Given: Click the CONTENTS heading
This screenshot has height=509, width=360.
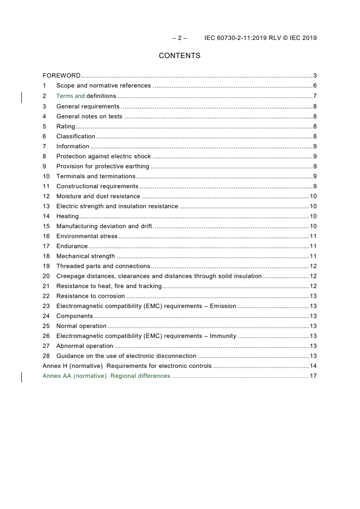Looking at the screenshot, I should [179, 56].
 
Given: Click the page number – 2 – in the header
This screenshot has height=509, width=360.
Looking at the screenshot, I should [179, 38].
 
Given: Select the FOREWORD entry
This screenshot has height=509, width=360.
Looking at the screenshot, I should [62, 76].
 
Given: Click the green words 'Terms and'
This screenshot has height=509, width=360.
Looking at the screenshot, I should [70, 96].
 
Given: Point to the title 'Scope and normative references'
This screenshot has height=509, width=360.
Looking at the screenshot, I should [104, 86].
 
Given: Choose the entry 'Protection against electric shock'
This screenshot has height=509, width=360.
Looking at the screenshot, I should [104, 156].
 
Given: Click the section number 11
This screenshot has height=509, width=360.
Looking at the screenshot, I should [46, 186].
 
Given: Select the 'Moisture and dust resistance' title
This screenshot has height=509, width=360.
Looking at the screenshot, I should [98, 196].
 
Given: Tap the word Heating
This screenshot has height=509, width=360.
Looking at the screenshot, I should [67, 216].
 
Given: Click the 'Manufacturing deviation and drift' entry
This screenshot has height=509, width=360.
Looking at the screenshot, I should [104, 226].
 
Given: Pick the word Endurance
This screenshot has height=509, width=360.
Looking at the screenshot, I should [72, 246].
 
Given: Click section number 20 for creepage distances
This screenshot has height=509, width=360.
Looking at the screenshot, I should [46, 276].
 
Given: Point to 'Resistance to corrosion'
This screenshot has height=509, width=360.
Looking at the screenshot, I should [90, 296].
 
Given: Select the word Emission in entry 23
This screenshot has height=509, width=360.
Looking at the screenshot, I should [223, 306].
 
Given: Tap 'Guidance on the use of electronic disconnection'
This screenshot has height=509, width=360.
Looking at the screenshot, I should [126, 356].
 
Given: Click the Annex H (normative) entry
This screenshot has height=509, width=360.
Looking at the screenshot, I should [73, 366].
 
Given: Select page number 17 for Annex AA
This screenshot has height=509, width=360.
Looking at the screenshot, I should [313, 376].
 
